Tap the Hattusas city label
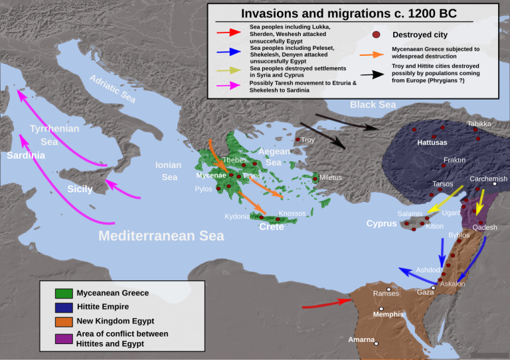pos(432,143)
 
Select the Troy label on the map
pos(307,140)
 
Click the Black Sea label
pos(373,105)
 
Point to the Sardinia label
pos(26,155)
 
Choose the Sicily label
pos(80,189)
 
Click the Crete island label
pos(271,226)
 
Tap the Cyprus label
pos(381,224)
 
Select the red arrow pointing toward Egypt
pos(325,304)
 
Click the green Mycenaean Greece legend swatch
pos(64,293)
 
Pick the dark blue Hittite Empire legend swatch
pos(64,307)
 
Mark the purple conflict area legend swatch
pos(64,339)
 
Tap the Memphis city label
pos(388,315)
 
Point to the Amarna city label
pos(362,339)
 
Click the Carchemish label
pos(488,179)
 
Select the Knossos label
pos(292,213)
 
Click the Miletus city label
pos(330,177)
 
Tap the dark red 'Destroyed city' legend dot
pos(377,35)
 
